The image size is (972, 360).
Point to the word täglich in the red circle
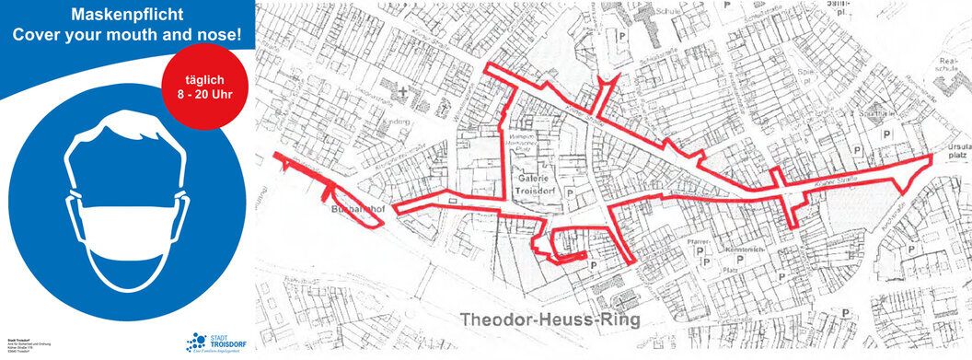(x=202, y=78)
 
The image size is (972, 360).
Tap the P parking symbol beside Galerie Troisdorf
(x=571, y=192)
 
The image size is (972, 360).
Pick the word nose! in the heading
(x=220, y=34)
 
